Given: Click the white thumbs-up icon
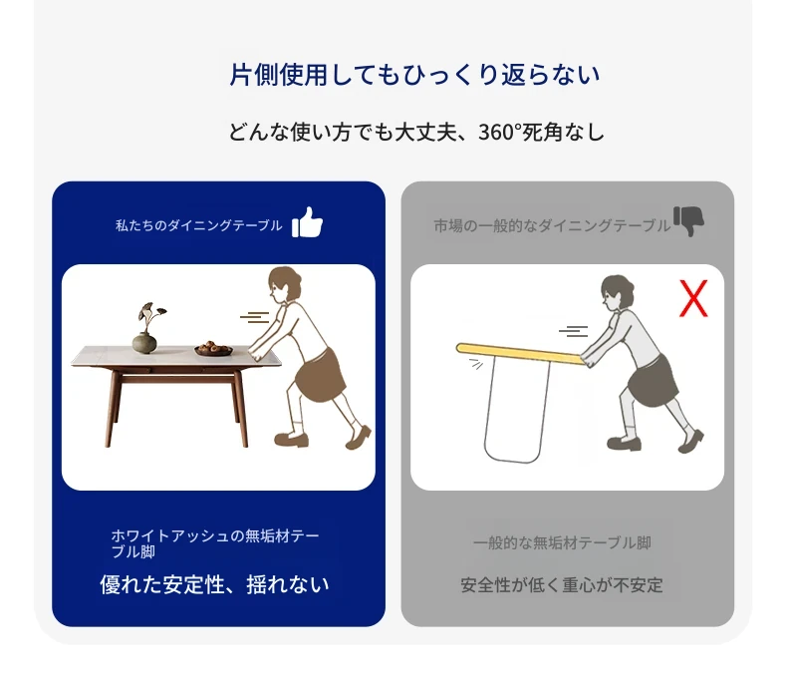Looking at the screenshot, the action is click(x=307, y=222).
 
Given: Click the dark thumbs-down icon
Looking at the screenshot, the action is click(x=688, y=221).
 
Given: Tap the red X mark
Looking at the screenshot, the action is click(x=693, y=298).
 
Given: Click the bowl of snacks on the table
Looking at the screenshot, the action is click(x=213, y=349).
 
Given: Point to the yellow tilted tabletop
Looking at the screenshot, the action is click(x=521, y=354).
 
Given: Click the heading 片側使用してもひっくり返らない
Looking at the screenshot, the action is click(x=414, y=75).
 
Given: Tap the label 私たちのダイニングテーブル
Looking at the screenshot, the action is click(x=199, y=225).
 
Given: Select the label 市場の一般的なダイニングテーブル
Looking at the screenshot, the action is click(x=552, y=226).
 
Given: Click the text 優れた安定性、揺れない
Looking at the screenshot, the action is click(x=214, y=584).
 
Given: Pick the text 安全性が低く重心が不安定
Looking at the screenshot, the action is click(x=562, y=585).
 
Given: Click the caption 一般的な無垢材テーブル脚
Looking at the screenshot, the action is click(x=562, y=542).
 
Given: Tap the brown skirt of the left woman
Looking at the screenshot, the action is click(x=320, y=375).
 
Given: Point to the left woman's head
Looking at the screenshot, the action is click(x=284, y=285).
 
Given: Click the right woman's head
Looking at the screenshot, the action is click(x=617, y=293).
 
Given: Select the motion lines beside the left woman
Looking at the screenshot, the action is click(x=255, y=317).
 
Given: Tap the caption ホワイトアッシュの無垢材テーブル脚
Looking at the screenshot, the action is click(x=215, y=543).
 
